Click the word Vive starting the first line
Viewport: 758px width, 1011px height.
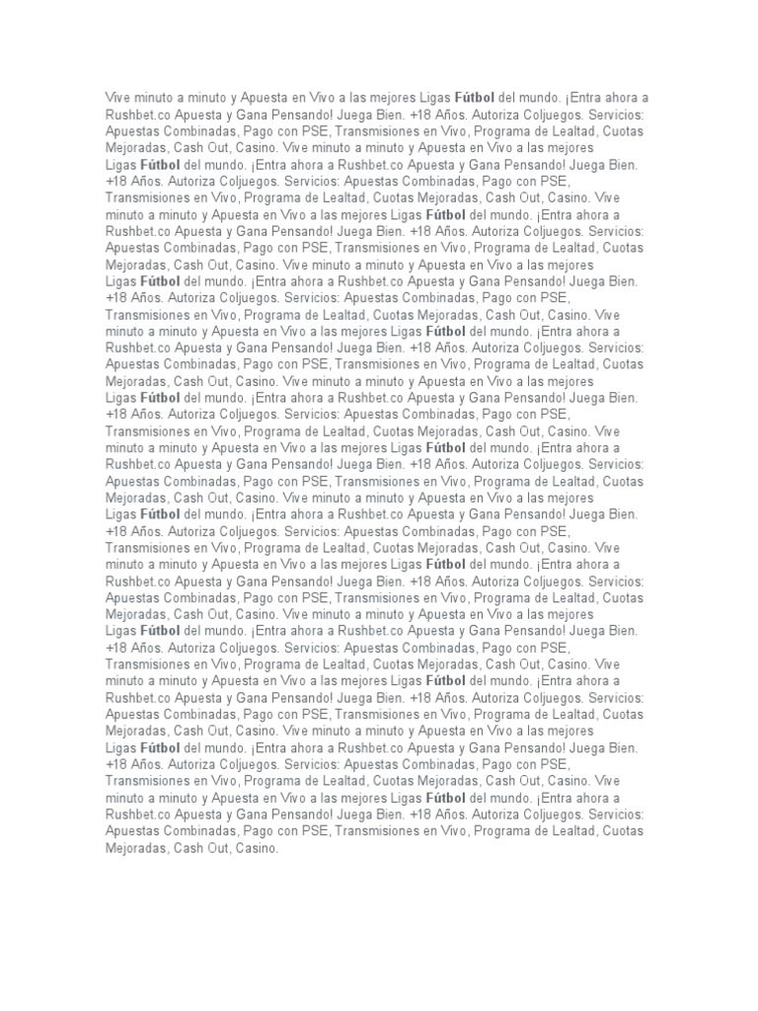118,99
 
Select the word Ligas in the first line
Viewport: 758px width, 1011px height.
432,99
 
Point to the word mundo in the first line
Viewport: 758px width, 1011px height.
542,99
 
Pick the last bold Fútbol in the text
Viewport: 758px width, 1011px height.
446,797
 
